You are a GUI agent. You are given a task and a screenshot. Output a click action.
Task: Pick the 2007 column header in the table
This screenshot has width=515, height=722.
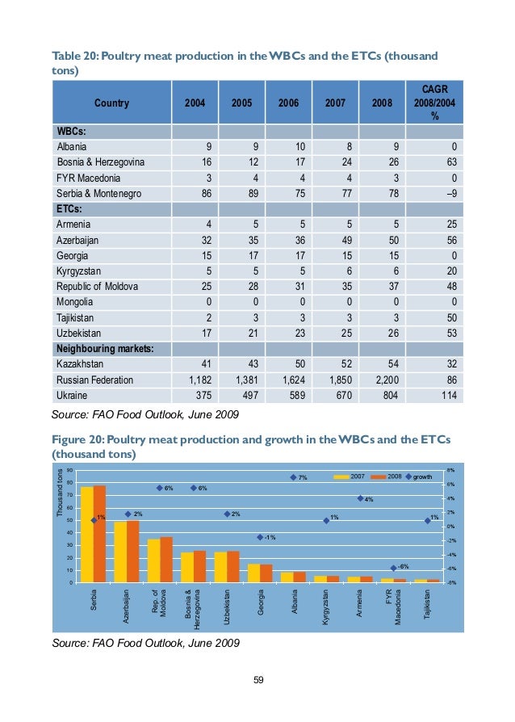(335, 103)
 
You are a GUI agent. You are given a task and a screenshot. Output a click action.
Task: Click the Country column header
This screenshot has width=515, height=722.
(111, 103)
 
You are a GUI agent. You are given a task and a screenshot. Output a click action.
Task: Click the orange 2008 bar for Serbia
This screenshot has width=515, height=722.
(100, 534)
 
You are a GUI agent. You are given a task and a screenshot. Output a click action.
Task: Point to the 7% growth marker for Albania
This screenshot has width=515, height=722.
(294, 478)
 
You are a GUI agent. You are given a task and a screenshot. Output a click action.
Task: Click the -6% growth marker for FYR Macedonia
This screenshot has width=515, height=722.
(394, 568)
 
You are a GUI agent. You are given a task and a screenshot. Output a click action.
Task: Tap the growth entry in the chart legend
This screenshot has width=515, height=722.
(421, 477)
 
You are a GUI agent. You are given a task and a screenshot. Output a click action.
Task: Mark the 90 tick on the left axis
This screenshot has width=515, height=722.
(69, 471)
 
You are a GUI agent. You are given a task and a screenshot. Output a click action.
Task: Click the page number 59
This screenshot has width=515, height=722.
(258, 679)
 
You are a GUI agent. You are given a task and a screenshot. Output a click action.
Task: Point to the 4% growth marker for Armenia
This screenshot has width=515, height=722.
(360, 498)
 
